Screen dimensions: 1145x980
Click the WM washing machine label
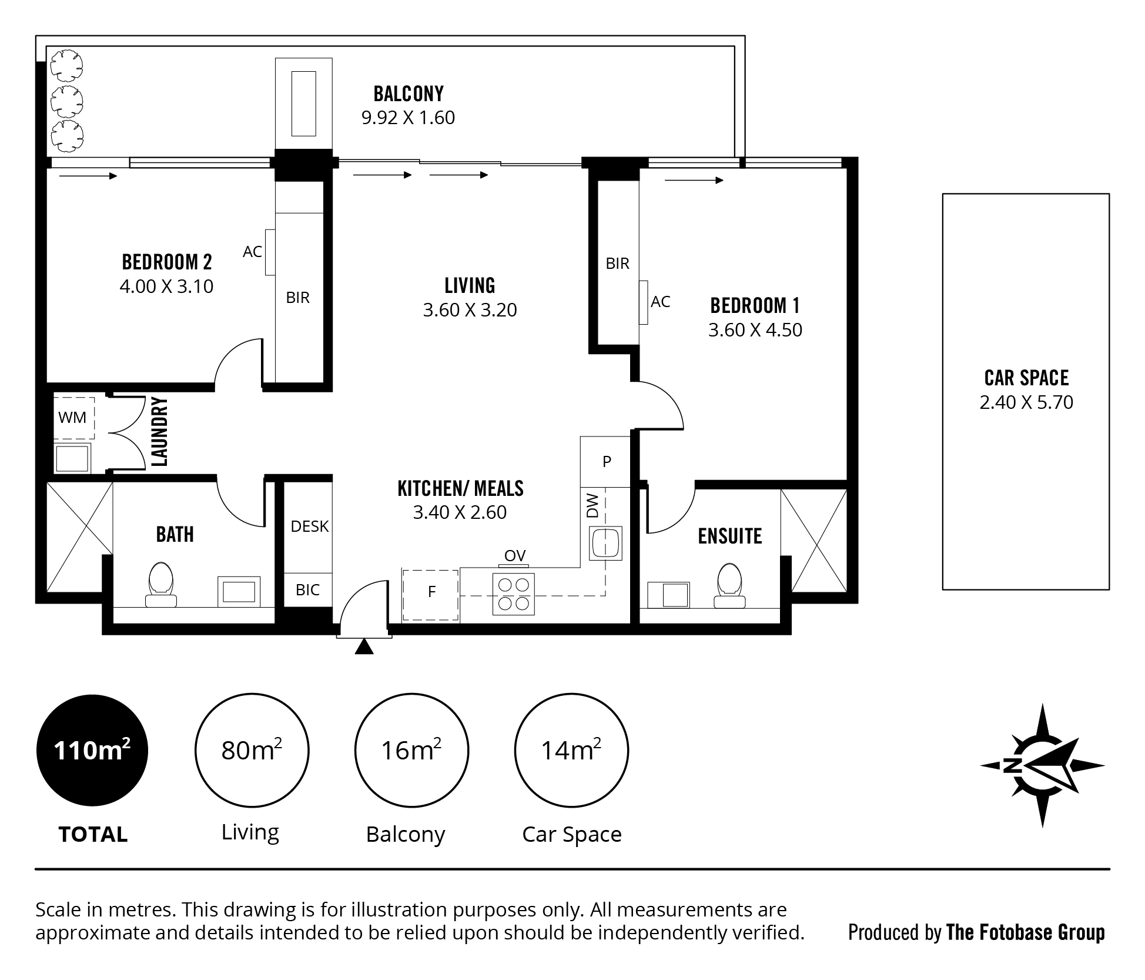[72, 418]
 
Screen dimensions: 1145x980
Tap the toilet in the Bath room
[160, 585]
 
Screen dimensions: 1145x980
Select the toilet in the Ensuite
[729, 585]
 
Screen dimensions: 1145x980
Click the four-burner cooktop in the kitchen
[514, 594]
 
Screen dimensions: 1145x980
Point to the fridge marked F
[430, 595]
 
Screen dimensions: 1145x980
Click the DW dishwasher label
[592, 506]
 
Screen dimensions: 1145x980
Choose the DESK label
[310, 526]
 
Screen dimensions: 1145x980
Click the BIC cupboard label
[308, 590]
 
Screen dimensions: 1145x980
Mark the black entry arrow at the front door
[364, 646]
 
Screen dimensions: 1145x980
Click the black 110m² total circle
[92, 751]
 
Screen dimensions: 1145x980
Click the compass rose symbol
[1043, 765]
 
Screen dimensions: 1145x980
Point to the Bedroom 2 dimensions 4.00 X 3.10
[166, 286]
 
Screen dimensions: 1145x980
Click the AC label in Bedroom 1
[661, 302]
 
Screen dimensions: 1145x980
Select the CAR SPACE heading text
[1026, 378]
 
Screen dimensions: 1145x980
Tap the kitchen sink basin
[605, 542]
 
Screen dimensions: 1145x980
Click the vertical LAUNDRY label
[160, 432]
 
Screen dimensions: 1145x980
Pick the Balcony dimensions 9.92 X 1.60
[408, 118]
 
